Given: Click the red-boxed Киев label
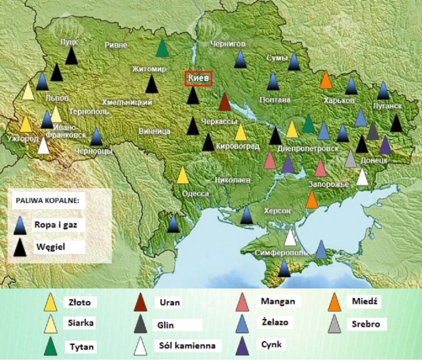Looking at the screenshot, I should point(198,79).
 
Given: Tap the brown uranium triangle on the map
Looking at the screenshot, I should point(224,102).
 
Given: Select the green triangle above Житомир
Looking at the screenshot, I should point(163,48).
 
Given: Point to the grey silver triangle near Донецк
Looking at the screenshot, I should point(350,158).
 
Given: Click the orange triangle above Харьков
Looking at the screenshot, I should point(326,80).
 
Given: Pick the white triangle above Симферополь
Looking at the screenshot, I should point(290,237).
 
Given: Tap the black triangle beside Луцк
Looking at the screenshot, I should point(71,56).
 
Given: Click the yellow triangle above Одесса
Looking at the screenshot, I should point(183,175).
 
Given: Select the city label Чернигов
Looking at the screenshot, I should point(228,43).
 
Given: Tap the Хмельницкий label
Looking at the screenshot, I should point(127,102).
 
